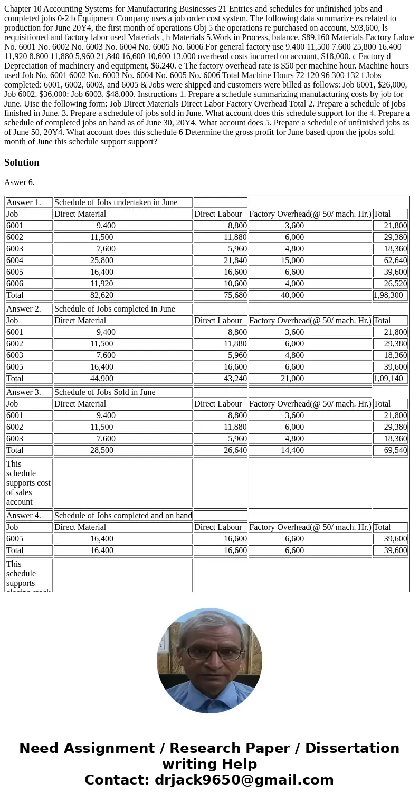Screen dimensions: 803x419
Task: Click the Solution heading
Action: (22, 162)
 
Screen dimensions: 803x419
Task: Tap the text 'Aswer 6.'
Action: (20, 182)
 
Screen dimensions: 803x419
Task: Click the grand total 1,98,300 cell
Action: (390, 295)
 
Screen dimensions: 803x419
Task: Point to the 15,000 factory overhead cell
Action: (292, 260)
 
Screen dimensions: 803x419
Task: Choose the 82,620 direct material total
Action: (101, 295)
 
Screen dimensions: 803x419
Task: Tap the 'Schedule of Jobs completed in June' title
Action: (115, 309)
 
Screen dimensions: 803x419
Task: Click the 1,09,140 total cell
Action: (390, 379)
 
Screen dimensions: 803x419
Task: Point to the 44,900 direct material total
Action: (101, 379)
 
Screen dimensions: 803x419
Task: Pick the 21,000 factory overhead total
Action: (292, 379)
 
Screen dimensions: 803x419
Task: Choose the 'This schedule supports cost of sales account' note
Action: (28, 483)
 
